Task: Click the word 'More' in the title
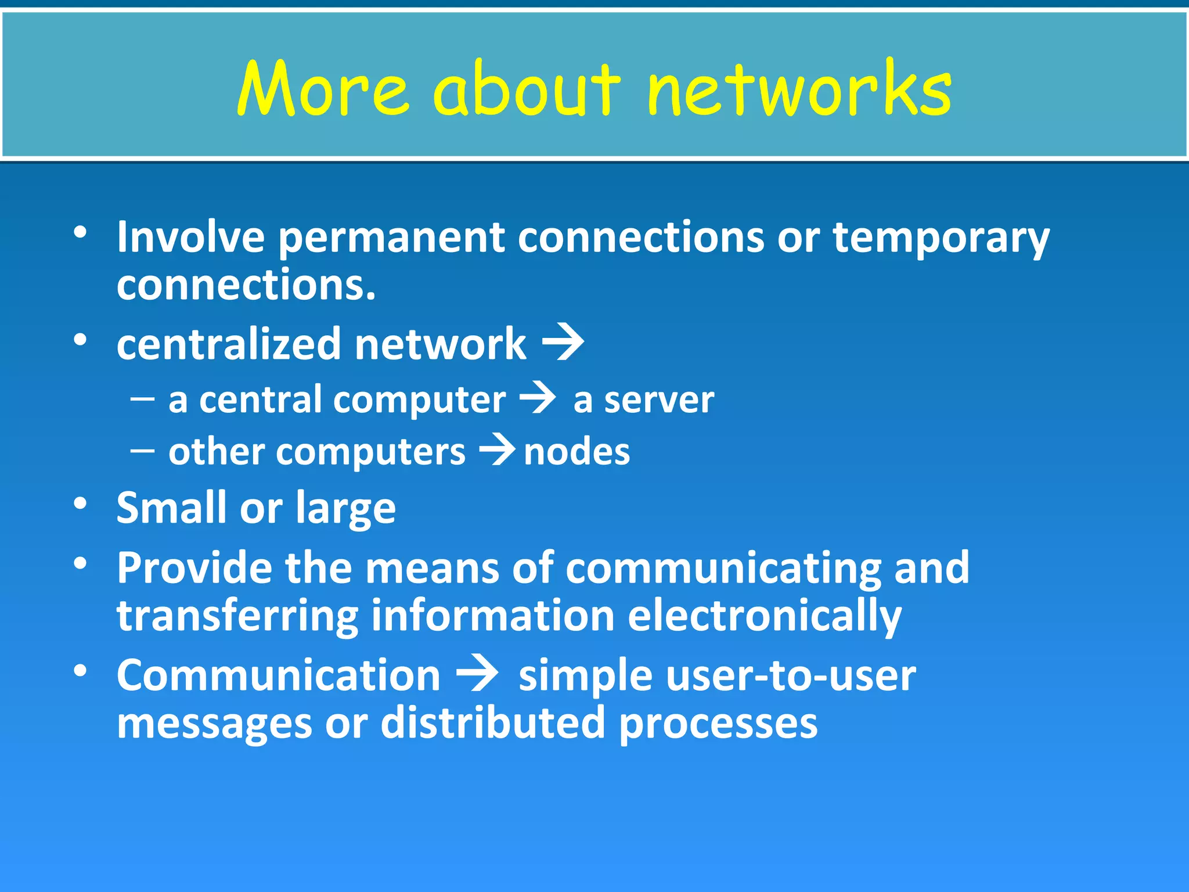[323, 88]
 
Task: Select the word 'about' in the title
[526, 88]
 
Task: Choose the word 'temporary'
[941, 238]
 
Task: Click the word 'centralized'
[229, 344]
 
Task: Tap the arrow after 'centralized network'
[563, 343]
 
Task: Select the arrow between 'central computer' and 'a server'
[538, 399]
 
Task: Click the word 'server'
[659, 401]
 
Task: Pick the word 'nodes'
[577, 452]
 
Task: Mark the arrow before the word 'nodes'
[497, 451]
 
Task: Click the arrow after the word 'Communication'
[477, 675]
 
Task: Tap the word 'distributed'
[493, 723]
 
